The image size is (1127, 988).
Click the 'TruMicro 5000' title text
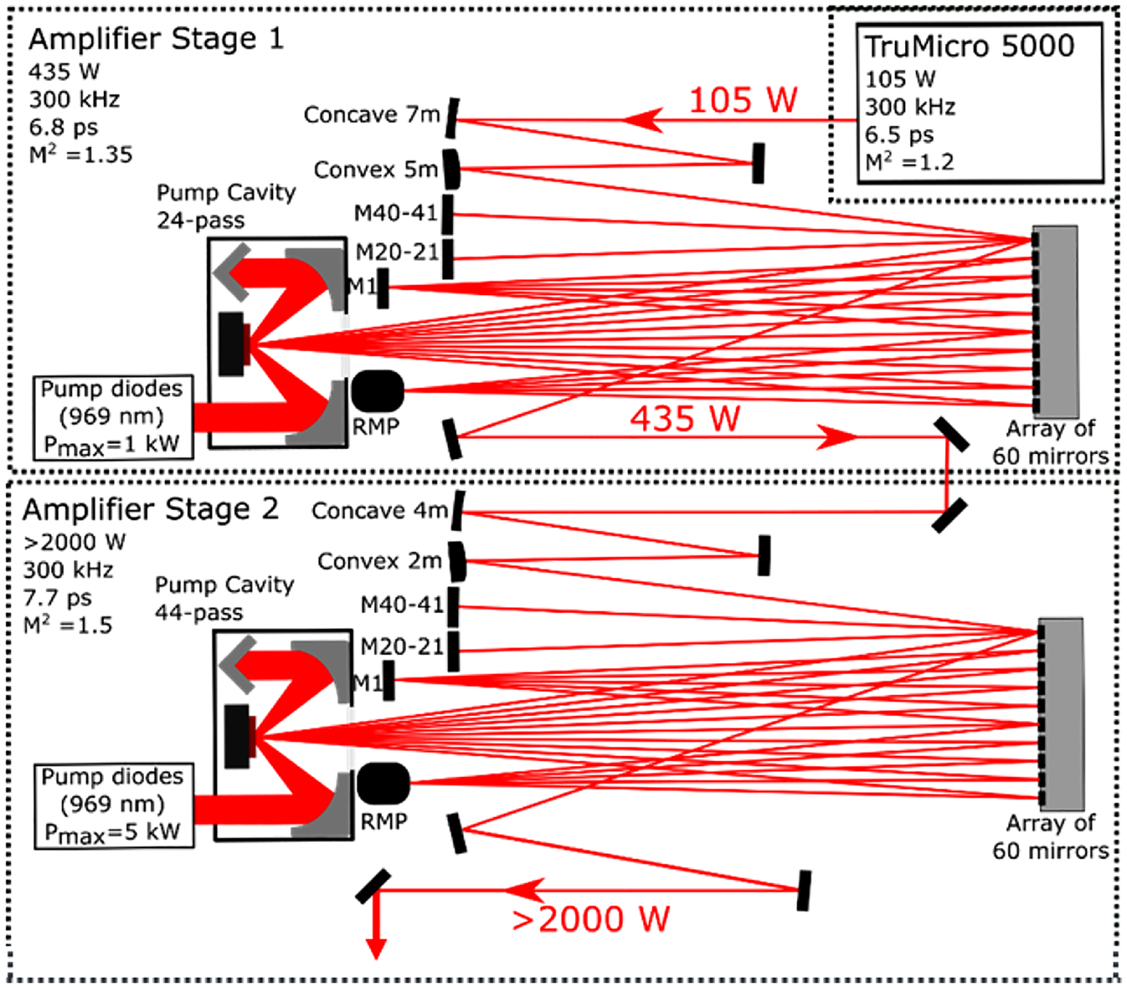969,46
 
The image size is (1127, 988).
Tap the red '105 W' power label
743,100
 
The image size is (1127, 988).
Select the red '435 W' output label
685,418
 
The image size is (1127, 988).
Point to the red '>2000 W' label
590,918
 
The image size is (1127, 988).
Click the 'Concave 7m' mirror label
372,115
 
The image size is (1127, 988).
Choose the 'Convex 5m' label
376,169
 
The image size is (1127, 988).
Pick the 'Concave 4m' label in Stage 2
379,510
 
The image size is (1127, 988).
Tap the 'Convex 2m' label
379,561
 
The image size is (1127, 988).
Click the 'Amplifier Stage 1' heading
157,39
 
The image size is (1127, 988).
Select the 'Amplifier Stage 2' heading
151,509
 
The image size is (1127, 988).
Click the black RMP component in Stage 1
378,391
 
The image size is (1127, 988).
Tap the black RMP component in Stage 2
384,783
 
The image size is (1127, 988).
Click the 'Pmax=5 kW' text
112,832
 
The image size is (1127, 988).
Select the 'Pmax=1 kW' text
111,444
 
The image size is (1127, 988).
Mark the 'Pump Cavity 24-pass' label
226,207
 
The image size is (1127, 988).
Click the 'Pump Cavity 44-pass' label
225,599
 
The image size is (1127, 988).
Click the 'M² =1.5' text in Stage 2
67,625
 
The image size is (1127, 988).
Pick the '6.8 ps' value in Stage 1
64,128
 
